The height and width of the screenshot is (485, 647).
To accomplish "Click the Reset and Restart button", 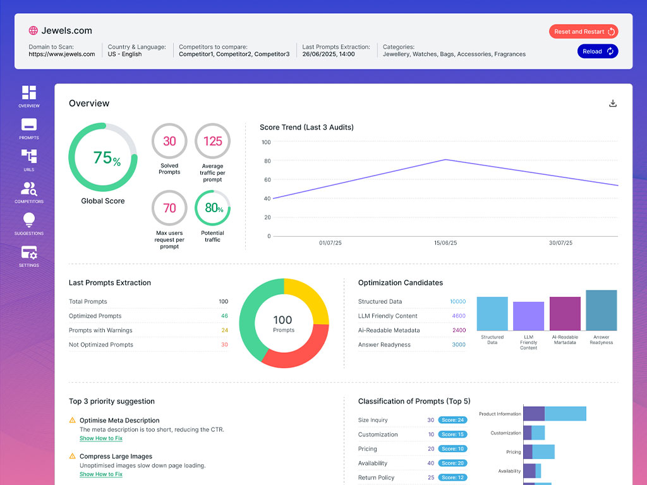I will (x=583, y=32).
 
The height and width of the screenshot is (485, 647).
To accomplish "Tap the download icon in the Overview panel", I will (x=612, y=104).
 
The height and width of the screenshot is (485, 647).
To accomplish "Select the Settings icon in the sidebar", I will (x=29, y=253).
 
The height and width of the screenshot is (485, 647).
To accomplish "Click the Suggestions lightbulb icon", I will (x=29, y=220).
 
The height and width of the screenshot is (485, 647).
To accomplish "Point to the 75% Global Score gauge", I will (x=102, y=157).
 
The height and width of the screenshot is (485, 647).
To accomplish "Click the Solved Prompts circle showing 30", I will (x=169, y=141).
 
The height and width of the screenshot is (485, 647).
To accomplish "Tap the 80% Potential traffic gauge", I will (x=213, y=208).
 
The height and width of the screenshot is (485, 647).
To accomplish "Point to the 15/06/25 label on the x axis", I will (x=445, y=243).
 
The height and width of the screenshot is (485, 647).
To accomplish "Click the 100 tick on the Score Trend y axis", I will (x=266, y=142).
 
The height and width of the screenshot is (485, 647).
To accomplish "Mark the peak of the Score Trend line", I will (x=445, y=160).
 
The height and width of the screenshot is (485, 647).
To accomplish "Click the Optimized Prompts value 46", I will (x=224, y=316).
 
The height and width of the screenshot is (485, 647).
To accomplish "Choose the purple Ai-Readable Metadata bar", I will (x=565, y=314).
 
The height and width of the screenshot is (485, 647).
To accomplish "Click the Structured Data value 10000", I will (x=457, y=302).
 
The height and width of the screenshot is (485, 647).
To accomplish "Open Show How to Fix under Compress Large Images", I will (x=101, y=474).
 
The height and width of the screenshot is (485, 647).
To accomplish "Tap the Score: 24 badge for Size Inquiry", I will (x=452, y=420).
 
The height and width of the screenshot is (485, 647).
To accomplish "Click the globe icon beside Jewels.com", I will (x=33, y=30).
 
